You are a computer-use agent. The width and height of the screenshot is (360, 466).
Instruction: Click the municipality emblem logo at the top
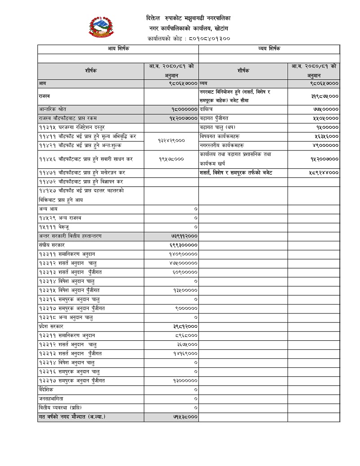[102, 28]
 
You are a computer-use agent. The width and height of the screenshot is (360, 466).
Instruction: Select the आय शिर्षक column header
[118, 49]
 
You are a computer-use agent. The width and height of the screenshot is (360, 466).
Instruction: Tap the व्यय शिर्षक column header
[269, 49]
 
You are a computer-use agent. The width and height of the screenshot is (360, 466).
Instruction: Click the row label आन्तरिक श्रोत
[52, 109]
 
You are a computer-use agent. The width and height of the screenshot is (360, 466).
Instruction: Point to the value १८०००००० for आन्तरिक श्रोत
[184, 109]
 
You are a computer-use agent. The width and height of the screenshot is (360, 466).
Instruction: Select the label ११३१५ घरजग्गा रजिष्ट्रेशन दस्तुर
[72, 127]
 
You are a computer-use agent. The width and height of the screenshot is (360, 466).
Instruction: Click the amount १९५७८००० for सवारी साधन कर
[171, 159]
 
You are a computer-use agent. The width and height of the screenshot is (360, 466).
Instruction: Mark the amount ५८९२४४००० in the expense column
[324, 172]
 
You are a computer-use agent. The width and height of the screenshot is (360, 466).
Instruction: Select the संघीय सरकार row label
[52, 245]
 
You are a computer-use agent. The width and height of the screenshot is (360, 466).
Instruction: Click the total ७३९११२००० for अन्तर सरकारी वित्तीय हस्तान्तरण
[182, 236]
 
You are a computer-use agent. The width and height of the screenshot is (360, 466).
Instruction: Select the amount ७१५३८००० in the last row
[185, 417]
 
